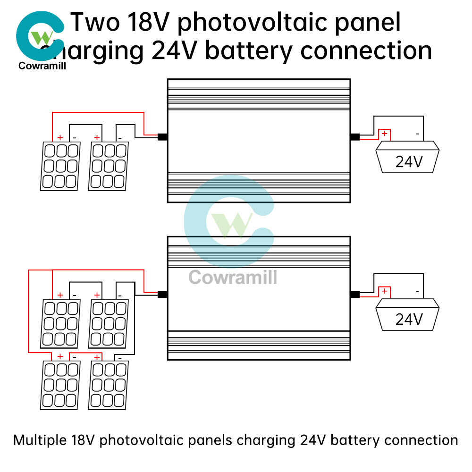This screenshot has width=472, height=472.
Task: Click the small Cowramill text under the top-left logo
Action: click(x=42, y=66)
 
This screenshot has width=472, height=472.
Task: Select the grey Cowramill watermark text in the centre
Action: click(x=233, y=277)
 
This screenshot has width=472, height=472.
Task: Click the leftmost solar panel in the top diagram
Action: click(x=59, y=167)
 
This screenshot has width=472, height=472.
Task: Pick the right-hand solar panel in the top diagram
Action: click(x=109, y=167)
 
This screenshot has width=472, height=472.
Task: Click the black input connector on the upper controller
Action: click(x=162, y=137)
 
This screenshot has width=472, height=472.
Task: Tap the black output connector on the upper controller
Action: click(x=354, y=137)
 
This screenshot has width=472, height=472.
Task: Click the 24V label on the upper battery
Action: click(x=409, y=162)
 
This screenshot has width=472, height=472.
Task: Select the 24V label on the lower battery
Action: click(x=409, y=320)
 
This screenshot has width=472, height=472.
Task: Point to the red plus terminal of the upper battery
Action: click(x=385, y=134)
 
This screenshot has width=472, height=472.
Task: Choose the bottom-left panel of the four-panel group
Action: click(x=59, y=384)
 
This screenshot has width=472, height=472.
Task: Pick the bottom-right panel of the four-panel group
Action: click(x=109, y=384)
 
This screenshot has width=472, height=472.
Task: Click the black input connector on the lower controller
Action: click(x=162, y=295)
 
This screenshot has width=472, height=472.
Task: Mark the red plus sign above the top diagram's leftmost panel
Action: click(x=60, y=137)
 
